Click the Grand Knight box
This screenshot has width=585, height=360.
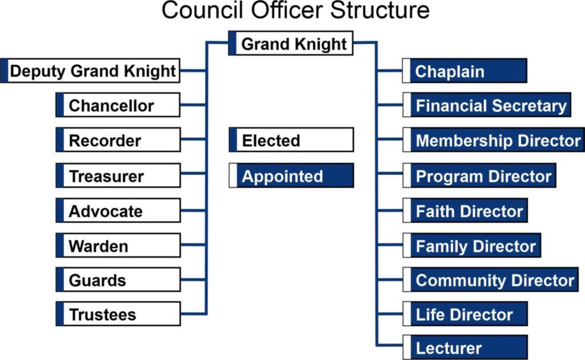point(291,43)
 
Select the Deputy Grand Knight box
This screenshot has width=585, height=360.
point(90,70)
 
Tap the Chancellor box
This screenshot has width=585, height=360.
point(118,105)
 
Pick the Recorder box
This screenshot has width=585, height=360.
point(118,140)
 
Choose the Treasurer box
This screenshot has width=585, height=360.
point(118,175)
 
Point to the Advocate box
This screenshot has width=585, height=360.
point(118,210)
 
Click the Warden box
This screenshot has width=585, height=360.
point(118,246)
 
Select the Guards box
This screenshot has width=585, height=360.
point(118,279)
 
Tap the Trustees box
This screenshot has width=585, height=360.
point(118,314)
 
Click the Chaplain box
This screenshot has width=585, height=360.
point(464,70)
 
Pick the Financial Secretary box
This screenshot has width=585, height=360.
point(487,105)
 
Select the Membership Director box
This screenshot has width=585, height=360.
point(494,140)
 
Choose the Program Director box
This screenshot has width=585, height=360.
point(479,175)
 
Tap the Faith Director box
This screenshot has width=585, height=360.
point(465,210)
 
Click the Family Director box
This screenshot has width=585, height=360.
point(471,246)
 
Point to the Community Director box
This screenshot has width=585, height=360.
point(490,279)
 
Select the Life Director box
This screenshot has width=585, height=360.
point(465,314)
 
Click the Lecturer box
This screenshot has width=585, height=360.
point(465,347)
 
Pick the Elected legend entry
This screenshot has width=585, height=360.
point(291,140)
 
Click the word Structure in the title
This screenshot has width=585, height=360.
point(379,10)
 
